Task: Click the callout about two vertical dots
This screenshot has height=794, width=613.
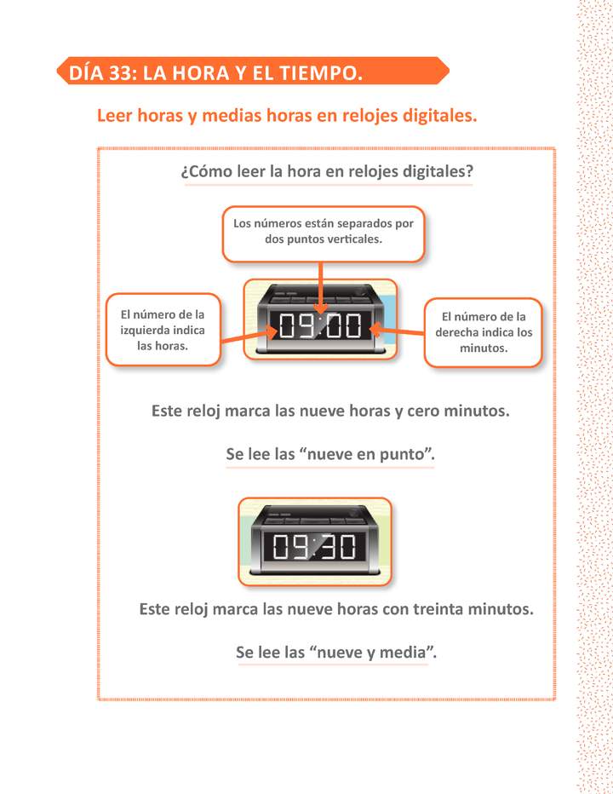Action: [323, 232]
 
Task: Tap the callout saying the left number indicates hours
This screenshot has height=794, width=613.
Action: [162, 330]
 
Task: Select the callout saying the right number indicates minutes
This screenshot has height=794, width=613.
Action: [484, 331]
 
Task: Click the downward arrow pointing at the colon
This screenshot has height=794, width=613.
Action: [320, 288]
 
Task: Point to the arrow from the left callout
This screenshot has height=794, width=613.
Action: [247, 338]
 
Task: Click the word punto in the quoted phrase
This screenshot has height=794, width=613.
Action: [402, 455]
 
